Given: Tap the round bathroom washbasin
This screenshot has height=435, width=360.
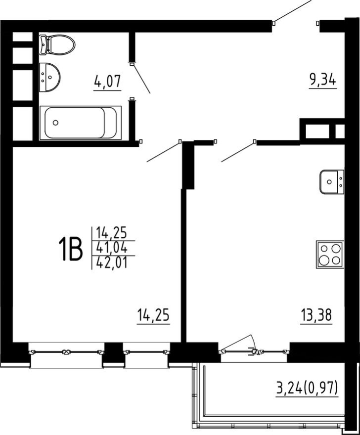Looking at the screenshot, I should click(x=49, y=76).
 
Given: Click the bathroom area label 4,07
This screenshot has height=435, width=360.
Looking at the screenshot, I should click(x=108, y=82).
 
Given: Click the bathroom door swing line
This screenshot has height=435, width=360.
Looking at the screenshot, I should click(x=141, y=79).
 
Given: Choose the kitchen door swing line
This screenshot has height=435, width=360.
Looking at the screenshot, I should click(x=238, y=152).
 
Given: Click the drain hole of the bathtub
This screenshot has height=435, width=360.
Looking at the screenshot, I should click(x=55, y=123).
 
